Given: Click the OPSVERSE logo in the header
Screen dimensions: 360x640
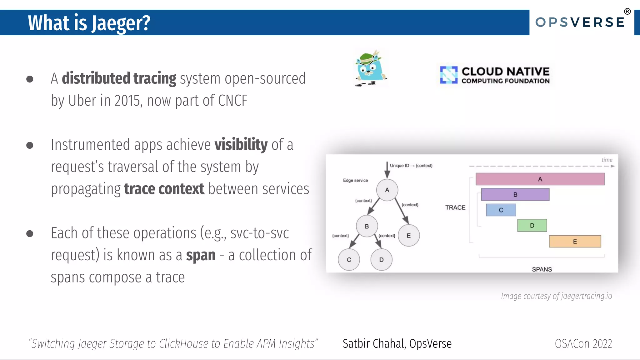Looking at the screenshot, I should [x=580, y=22].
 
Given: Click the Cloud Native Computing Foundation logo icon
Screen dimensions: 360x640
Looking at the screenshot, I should [x=449, y=75].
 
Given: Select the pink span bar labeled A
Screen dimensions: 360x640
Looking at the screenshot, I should [x=540, y=179].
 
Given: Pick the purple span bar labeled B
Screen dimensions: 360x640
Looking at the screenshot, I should [x=515, y=194].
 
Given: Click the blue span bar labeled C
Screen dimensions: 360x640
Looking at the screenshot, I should [x=501, y=210].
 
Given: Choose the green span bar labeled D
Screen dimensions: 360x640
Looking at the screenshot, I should [x=532, y=225].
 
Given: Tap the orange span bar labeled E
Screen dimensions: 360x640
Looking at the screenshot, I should [x=575, y=241].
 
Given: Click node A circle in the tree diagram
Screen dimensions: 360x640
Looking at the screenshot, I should [x=387, y=190].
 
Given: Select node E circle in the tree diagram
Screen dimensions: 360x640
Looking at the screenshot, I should [x=408, y=236].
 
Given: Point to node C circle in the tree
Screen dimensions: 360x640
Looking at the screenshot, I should [x=349, y=260].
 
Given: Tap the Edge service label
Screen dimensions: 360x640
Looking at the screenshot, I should [x=355, y=180].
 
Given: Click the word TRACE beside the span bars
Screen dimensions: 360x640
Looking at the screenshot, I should [x=455, y=207].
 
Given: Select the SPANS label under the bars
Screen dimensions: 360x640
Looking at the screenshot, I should [x=542, y=269].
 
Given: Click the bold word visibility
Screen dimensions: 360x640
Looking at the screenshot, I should [x=241, y=145].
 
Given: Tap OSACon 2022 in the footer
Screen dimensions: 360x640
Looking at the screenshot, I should [x=583, y=344].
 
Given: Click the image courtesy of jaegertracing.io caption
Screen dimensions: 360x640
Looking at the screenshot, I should [x=556, y=296].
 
